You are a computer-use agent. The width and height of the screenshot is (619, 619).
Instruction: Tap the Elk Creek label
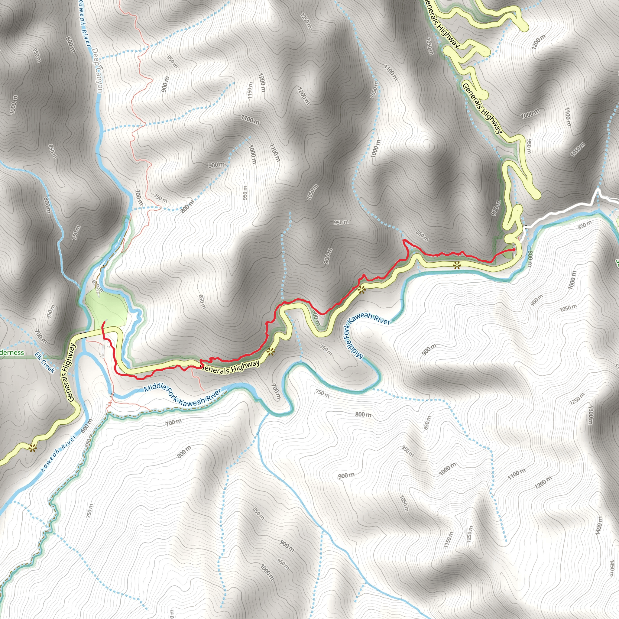(45, 362)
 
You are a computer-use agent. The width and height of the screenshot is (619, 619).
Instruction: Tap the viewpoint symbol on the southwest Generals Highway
(32, 448)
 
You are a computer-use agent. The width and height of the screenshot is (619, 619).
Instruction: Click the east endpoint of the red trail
(514, 249)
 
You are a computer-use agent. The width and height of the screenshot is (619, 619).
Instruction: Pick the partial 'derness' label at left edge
(12, 352)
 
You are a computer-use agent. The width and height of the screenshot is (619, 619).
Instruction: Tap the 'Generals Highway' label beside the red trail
(230, 368)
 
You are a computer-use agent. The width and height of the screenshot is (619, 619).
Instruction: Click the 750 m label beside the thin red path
(160, 198)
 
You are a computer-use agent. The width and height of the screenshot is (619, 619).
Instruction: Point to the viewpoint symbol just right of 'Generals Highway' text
(271, 352)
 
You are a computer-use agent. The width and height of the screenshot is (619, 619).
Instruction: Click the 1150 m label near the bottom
(449, 540)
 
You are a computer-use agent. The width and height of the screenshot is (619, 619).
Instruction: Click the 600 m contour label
(86, 426)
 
